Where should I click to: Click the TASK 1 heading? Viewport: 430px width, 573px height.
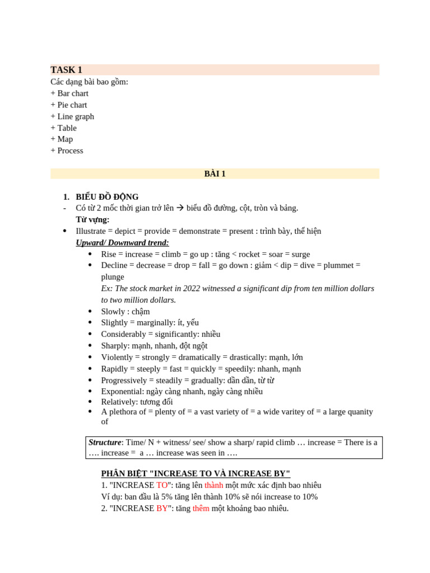pos(67,70)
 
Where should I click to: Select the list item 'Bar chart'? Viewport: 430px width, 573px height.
pos(73,93)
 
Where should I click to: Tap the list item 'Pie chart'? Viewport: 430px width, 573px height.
pos(72,105)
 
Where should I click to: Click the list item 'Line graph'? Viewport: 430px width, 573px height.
pos(76,116)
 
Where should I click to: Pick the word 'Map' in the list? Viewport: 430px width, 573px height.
pos(65,139)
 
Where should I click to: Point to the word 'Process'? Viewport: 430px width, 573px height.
pos(70,151)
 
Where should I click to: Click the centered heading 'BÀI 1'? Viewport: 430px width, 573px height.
pos(215,173)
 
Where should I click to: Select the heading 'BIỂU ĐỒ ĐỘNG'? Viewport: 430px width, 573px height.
pos(107,197)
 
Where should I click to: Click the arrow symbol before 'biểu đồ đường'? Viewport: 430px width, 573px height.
pos(180,208)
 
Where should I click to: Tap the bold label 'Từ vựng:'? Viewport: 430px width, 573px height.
pos(93,219)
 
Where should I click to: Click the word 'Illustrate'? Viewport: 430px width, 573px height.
pos(91,231)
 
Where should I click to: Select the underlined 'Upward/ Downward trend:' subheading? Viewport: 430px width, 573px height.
pos(122,243)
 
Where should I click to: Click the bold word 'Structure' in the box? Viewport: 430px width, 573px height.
pos(105,443)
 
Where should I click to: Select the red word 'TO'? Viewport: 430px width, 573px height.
pos(162,485)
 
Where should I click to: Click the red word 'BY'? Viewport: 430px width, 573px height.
pos(162,509)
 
